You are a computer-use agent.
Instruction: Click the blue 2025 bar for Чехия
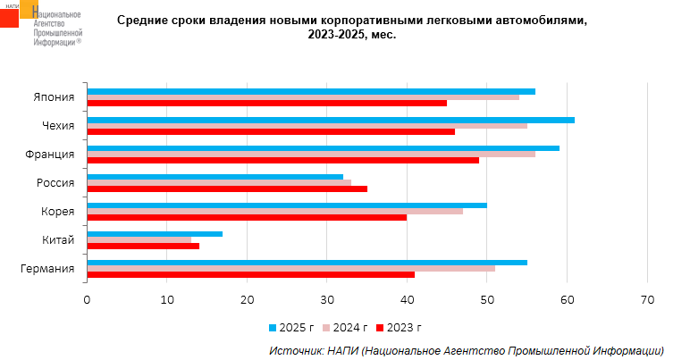pos(331,120)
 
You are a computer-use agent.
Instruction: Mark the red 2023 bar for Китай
pos(143,246)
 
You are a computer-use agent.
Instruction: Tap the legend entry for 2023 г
pos(399,328)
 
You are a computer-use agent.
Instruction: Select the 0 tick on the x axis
pos(88,300)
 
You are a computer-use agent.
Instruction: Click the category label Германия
pos(46,269)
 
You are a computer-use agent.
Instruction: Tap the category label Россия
pos(56,183)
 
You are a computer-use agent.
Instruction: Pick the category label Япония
pos(55,97)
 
